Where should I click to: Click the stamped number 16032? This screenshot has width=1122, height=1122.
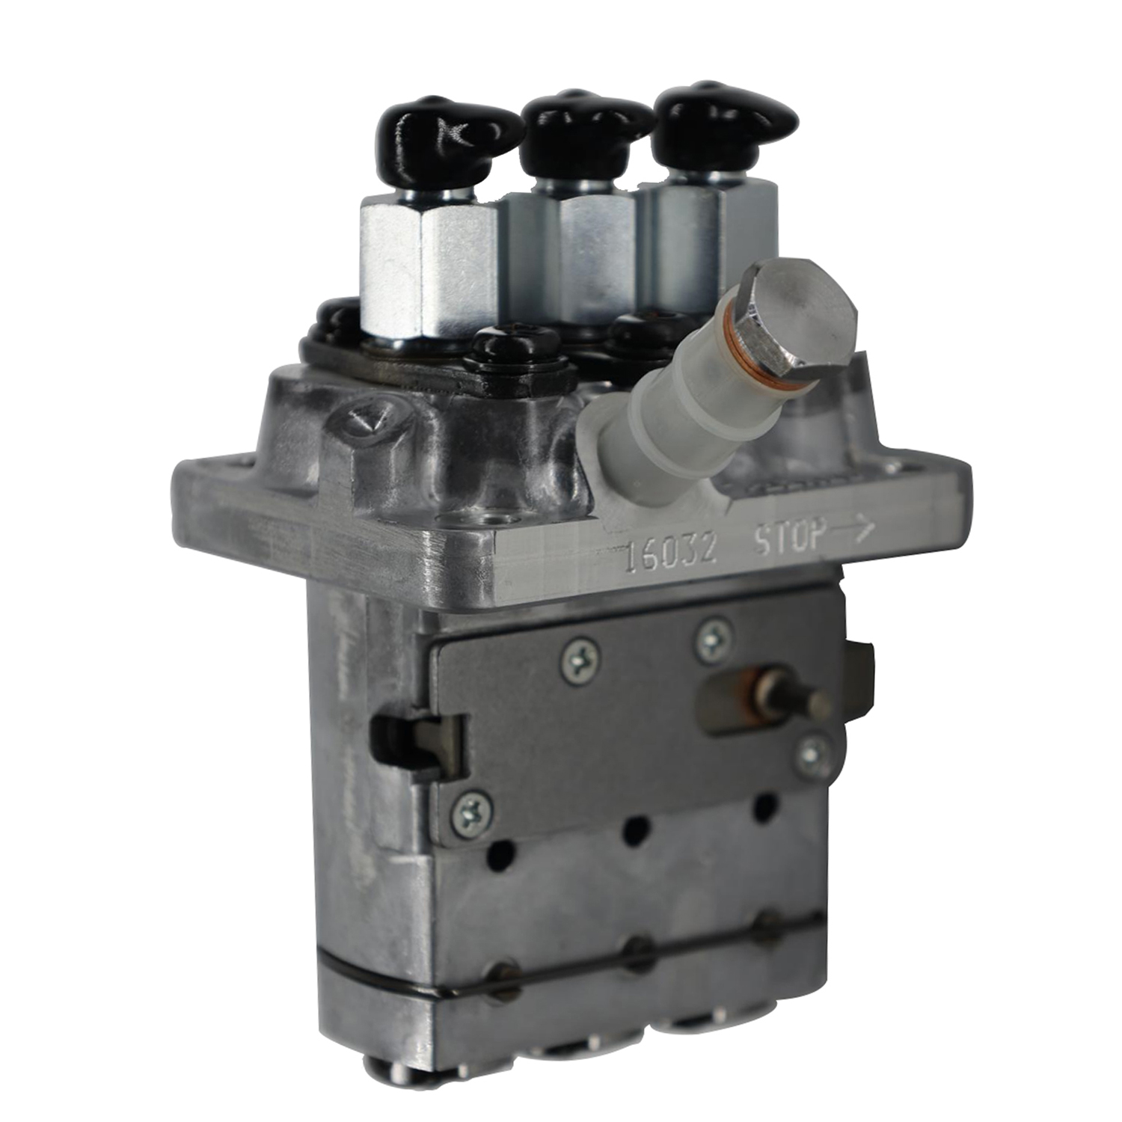670,553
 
